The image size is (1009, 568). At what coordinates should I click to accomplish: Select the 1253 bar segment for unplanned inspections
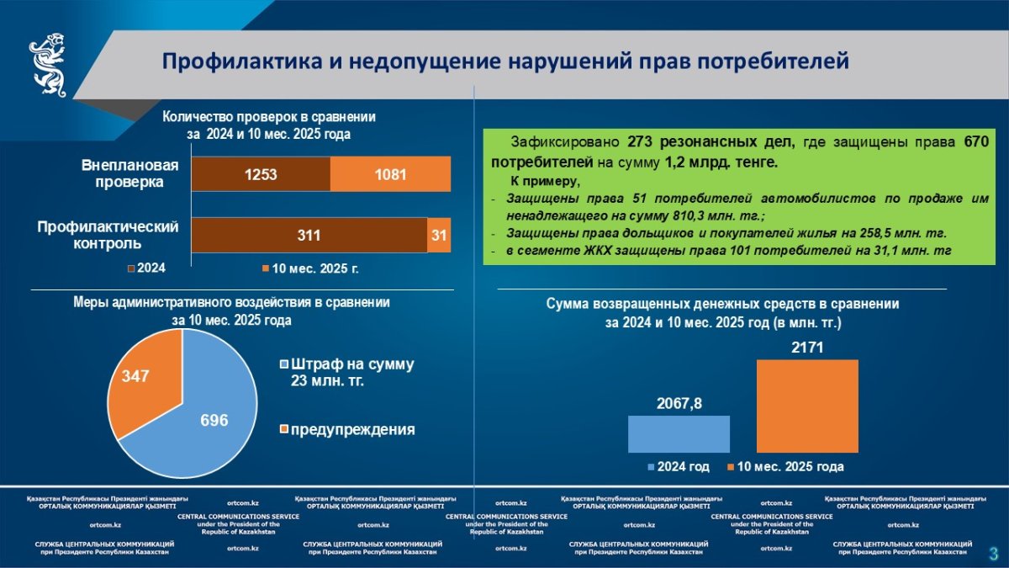(x=261, y=175)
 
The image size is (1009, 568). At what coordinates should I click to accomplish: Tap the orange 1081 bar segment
(x=390, y=175)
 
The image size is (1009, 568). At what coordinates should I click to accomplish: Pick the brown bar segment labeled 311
(x=309, y=235)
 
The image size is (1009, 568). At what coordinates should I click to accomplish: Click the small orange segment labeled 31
(x=439, y=235)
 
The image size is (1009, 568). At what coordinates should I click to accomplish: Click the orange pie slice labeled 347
(x=139, y=379)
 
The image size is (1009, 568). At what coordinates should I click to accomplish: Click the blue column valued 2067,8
(x=679, y=434)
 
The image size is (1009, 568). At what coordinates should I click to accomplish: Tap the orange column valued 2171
(x=806, y=406)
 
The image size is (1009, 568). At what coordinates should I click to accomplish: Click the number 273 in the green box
(x=639, y=142)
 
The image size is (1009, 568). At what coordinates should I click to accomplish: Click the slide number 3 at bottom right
(x=993, y=553)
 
